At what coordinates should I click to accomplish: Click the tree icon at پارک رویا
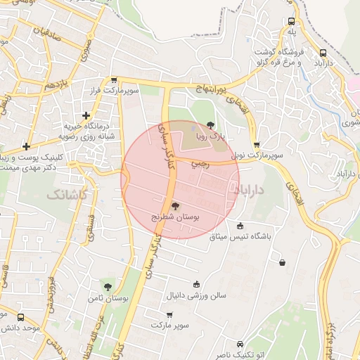[211, 124]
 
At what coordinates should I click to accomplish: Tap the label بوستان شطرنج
[176, 218]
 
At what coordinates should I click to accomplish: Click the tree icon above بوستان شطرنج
[175, 205]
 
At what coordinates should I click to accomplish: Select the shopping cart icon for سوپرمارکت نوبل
[256, 144]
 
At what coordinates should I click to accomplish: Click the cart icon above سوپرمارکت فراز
[114, 81]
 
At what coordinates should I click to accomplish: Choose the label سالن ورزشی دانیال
[197, 295]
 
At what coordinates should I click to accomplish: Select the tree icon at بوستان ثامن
[108, 286]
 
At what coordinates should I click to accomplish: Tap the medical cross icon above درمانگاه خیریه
[86, 115]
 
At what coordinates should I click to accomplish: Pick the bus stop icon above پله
[291, 22]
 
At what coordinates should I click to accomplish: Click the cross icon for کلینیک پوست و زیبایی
[26, 146]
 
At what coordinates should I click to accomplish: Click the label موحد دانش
[20, 328]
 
